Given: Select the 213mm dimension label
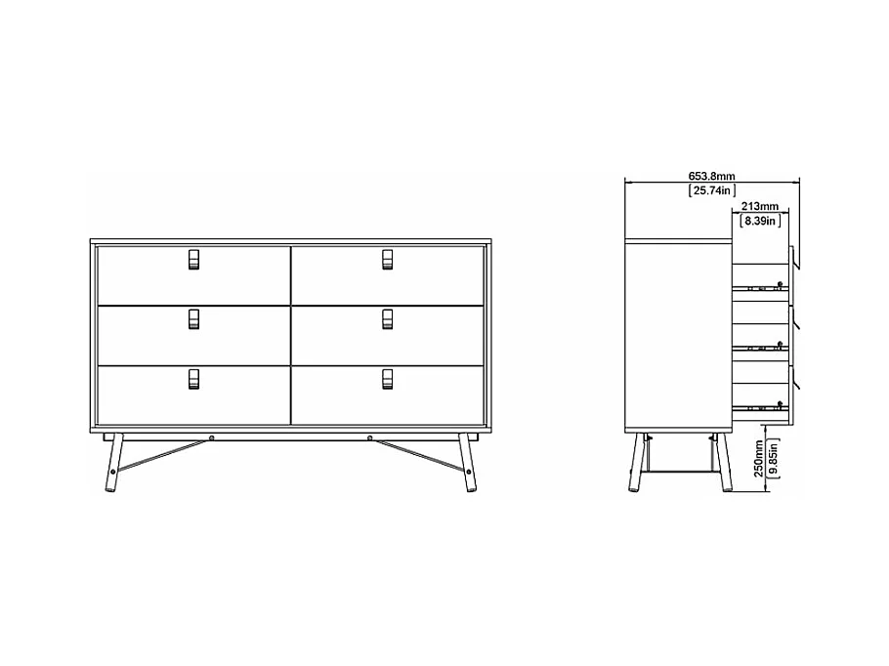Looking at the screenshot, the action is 759,206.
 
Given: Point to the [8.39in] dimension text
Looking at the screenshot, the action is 759,222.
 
